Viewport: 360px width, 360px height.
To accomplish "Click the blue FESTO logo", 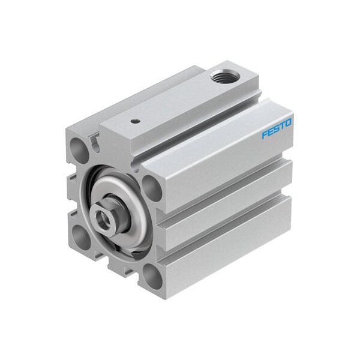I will [277, 128].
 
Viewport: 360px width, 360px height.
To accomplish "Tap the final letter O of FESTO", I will [289, 123].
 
